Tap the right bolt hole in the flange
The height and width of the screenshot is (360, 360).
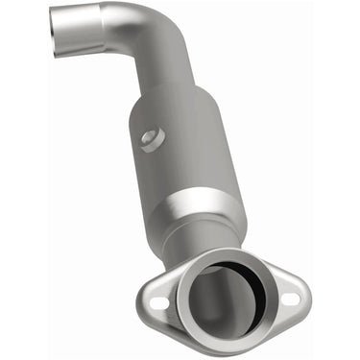click(290, 299)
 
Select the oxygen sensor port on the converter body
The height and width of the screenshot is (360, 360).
click(149, 138)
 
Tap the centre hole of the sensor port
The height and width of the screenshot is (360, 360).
click(149, 138)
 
